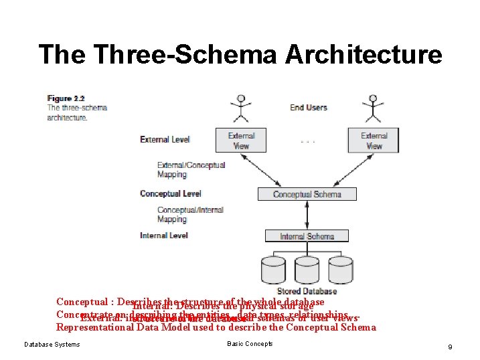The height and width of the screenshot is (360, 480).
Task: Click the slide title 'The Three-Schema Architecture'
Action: coord(240,54)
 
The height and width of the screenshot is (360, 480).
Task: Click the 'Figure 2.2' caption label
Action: coord(60,98)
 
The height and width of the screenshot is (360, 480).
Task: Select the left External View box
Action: coord(242,141)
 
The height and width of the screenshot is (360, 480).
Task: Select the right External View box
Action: coord(374,141)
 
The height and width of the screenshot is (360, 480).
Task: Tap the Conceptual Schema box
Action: coord(307,194)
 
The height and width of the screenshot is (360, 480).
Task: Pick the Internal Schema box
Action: coord(307,236)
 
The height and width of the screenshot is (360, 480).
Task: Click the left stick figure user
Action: coord(240,106)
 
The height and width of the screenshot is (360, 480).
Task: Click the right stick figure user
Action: coord(373,106)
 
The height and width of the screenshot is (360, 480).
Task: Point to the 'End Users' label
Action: coord(309,107)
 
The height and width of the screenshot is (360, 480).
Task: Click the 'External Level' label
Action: coord(165,139)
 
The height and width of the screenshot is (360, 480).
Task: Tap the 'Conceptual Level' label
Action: coord(170,193)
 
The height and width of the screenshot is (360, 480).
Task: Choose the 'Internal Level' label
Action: coord(163,236)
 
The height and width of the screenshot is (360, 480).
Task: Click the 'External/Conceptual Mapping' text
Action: coord(191,169)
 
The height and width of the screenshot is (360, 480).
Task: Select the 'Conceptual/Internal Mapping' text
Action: coord(190,214)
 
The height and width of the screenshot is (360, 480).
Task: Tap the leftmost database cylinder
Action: coord(272,271)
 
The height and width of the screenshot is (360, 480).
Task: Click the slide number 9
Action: coord(451,346)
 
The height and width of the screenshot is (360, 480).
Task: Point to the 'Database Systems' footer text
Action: coord(52,345)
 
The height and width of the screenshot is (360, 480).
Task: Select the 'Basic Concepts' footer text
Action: coord(250,344)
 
